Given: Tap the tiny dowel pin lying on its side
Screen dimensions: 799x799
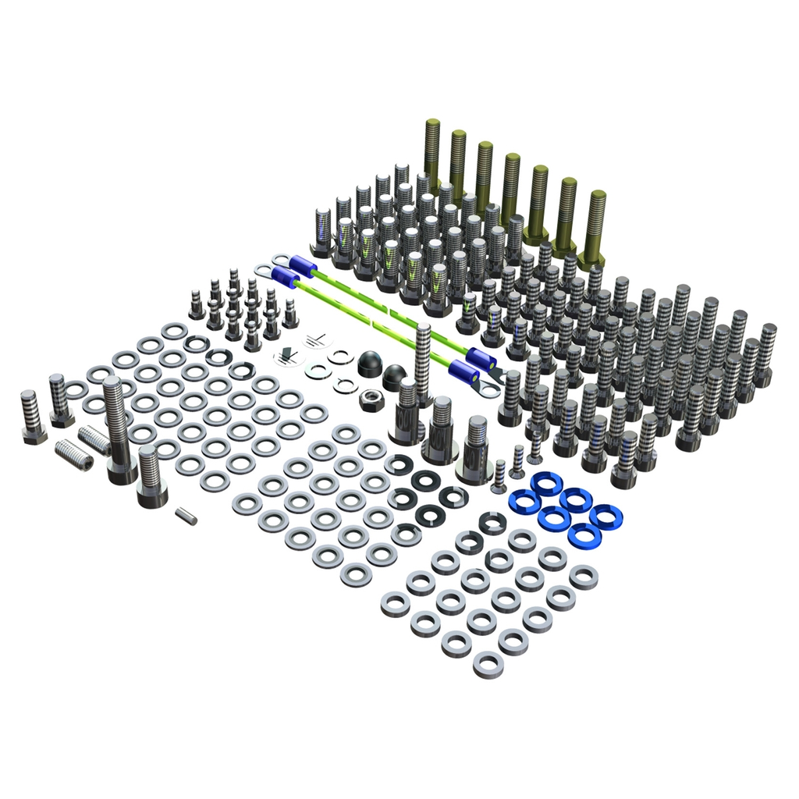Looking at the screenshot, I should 186,516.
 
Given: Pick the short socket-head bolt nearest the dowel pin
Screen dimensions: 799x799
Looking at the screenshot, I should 151,476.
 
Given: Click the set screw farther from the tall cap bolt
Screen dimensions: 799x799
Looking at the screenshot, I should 75,456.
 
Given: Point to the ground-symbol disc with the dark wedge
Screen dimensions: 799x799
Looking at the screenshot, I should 286,357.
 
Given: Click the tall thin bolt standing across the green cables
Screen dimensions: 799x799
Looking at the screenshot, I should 423,362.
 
